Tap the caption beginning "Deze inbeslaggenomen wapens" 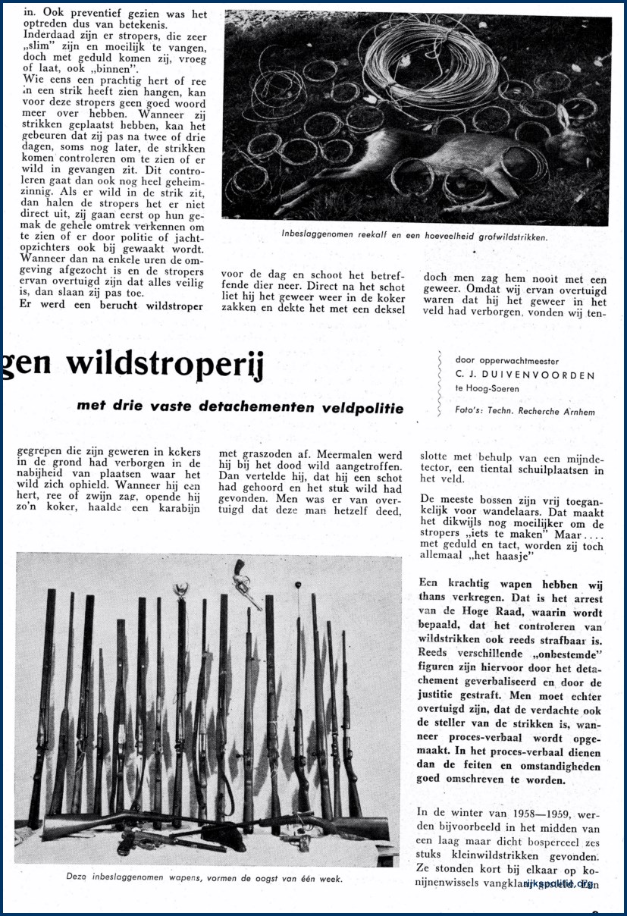pyautogui.click(x=204, y=879)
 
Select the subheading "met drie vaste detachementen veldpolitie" pyautogui.click(x=240, y=406)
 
